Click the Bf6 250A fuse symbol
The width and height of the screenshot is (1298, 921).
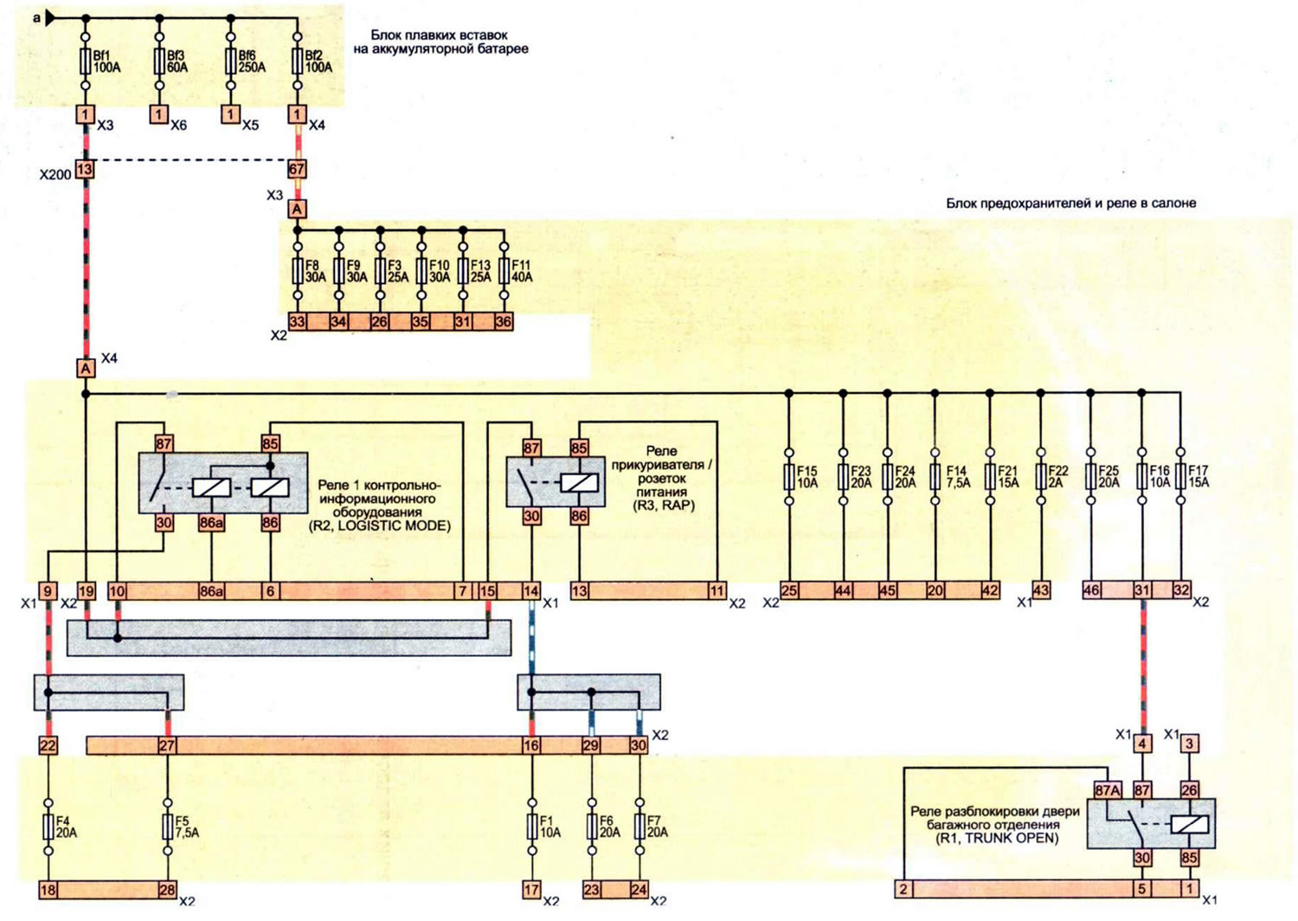[x=231, y=61]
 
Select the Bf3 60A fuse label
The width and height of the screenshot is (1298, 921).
[x=177, y=61]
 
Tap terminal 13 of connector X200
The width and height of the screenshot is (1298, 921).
[x=85, y=170]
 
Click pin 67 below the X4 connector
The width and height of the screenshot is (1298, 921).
[x=297, y=170]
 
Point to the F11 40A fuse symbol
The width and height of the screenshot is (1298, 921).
[x=504, y=271]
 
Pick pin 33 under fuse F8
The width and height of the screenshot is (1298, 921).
[x=297, y=321]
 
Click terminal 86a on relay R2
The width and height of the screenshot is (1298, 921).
[x=211, y=523]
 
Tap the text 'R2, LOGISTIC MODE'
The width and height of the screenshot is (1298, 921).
[x=380, y=525]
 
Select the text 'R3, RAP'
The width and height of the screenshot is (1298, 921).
[x=664, y=505]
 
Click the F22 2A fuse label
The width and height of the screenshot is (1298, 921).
[x=1058, y=476]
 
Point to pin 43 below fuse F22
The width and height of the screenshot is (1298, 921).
[x=1041, y=590]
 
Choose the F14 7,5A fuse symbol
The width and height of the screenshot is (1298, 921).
[x=935, y=476]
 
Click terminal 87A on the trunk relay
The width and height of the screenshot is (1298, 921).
[x=1108, y=790]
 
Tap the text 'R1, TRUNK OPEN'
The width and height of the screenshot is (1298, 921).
[x=997, y=838]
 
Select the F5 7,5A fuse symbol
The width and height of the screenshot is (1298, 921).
[x=168, y=827]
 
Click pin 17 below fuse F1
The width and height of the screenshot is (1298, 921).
[x=531, y=889]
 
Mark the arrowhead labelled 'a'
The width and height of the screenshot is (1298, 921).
[x=50, y=18]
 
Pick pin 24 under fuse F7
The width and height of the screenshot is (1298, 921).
[x=639, y=889]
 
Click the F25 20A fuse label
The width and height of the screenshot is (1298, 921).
[x=1108, y=476]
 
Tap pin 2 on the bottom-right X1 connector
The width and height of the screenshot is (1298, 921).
[x=903, y=889]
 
